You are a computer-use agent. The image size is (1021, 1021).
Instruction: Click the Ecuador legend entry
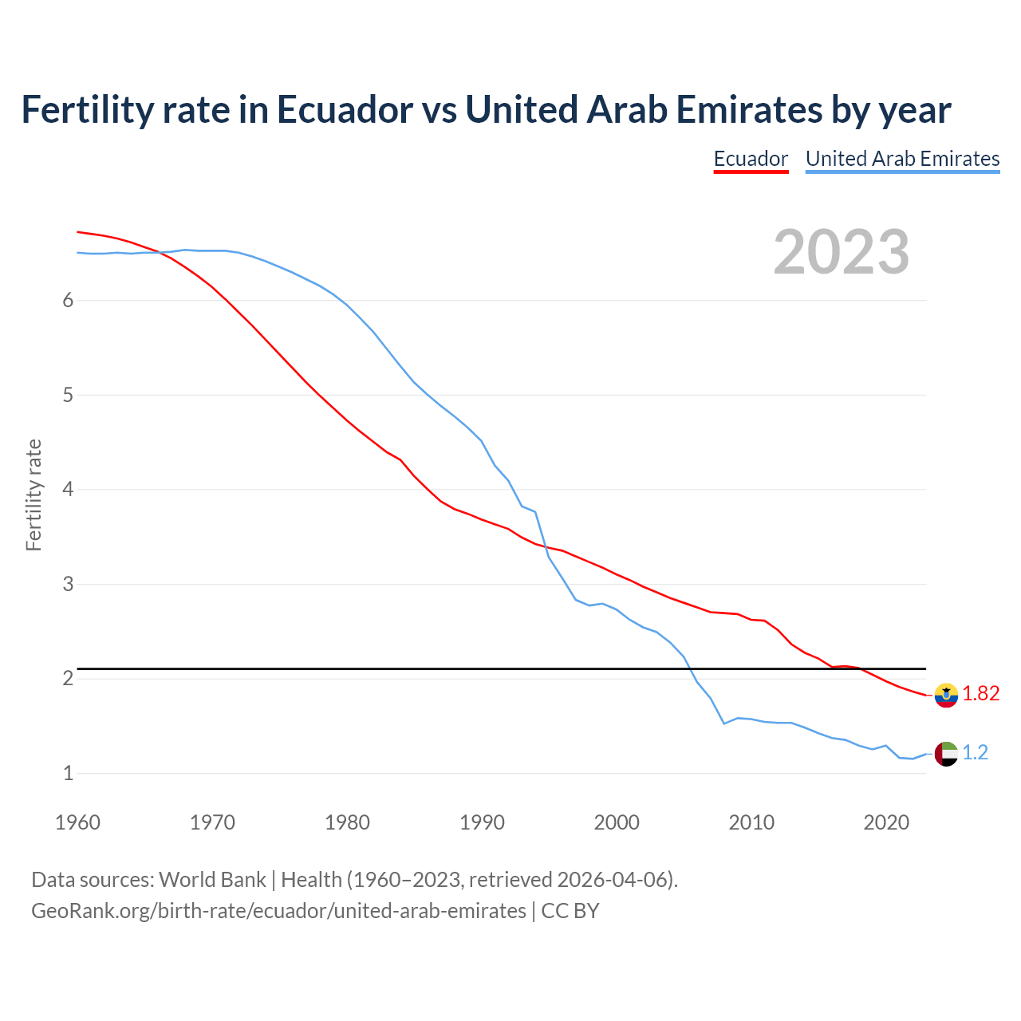tap(751, 159)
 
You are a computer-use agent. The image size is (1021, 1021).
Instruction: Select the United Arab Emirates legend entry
tap(902, 159)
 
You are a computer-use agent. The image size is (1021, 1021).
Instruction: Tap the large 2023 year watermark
tap(841, 252)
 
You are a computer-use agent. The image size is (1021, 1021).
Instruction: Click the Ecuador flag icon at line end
tap(946, 695)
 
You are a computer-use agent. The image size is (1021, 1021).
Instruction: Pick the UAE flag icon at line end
tap(946, 753)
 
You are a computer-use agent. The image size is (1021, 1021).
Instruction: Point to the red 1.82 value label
tap(980, 694)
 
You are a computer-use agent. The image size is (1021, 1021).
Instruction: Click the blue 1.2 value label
tap(975, 752)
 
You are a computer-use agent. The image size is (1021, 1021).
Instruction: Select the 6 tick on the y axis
tap(68, 301)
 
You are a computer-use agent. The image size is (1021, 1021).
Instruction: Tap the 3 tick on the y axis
tap(68, 584)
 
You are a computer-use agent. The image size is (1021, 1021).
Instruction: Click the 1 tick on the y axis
tap(68, 773)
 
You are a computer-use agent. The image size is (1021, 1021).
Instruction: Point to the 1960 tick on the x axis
tap(77, 822)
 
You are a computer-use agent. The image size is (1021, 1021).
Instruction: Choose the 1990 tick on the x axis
tap(482, 822)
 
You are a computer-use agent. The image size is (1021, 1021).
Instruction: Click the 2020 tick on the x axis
tap(886, 822)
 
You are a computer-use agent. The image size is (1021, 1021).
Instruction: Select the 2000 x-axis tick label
tap(617, 822)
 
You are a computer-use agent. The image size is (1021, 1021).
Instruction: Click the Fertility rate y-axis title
tap(34, 495)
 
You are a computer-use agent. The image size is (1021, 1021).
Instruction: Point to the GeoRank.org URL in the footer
tap(278, 911)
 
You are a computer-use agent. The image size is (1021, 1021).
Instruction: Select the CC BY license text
tap(570, 911)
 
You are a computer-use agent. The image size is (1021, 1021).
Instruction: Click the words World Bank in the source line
tap(212, 880)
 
